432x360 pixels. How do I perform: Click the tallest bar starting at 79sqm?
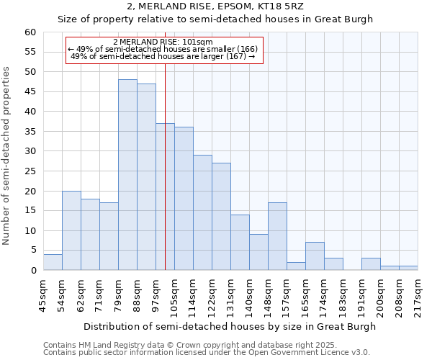coord(127,175)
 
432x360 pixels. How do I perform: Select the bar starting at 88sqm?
coord(146,177)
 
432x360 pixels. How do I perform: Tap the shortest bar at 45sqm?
coord(53,263)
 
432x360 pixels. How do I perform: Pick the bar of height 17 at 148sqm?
coord(277,236)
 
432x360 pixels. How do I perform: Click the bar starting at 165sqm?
coord(315,256)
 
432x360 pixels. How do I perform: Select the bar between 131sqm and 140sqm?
coord(240,243)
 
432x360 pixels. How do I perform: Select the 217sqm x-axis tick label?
coord(418,296)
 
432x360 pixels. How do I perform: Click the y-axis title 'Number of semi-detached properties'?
coord(6,156)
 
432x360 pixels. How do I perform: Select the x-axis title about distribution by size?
coord(230,326)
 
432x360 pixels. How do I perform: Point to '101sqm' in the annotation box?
coord(197,42)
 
